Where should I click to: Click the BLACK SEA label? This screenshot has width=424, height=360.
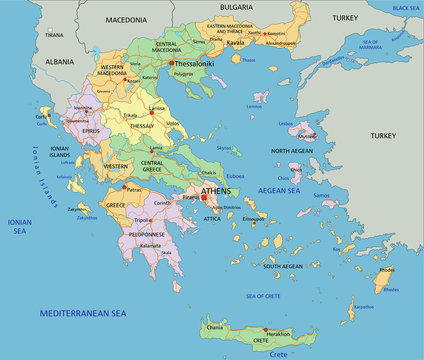click(406, 8)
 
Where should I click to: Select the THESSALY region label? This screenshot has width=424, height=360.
click(141, 126)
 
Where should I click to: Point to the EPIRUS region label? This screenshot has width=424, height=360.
click(90, 130)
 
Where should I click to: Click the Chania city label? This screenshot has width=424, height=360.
click(215, 327)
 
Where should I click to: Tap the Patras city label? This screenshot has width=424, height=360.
click(133, 189)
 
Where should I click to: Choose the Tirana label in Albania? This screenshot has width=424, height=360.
click(55, 33)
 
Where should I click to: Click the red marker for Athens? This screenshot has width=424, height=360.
click(205, 197)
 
